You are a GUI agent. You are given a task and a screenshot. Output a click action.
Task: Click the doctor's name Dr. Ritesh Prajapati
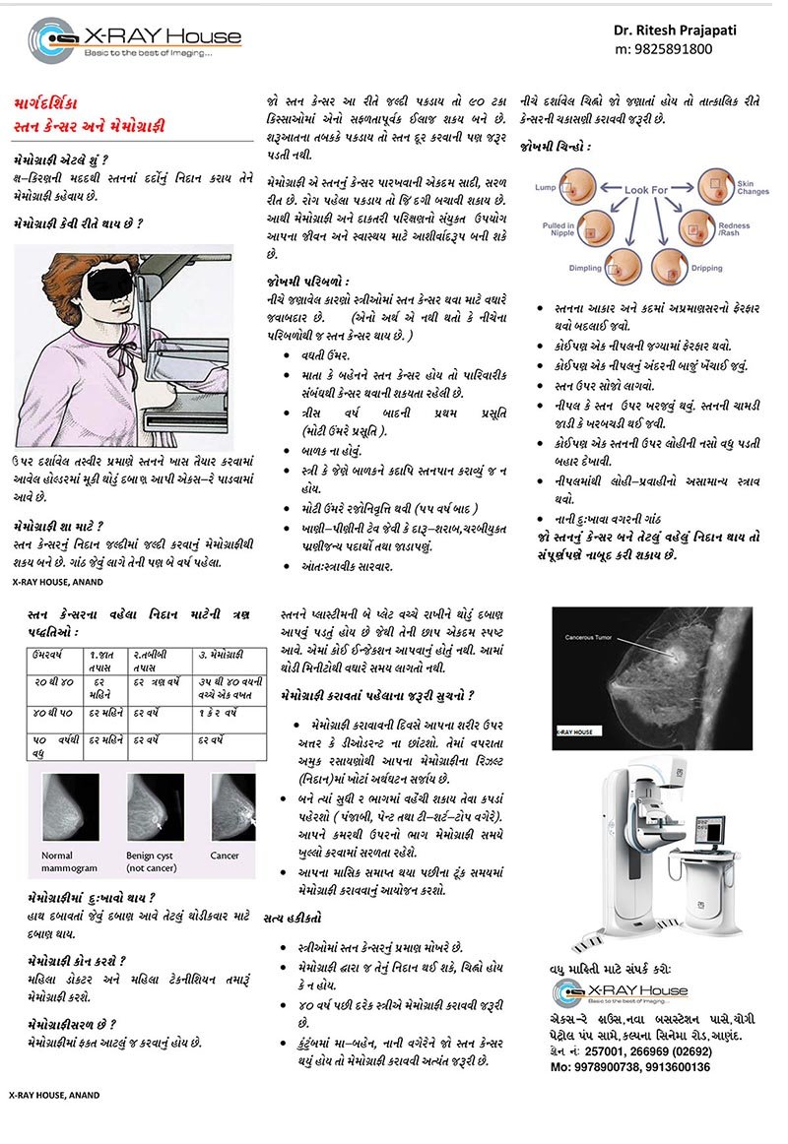point(675,30)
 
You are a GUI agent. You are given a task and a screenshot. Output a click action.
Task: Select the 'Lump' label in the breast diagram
point(545,187)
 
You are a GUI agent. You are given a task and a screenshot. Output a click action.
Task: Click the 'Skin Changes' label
point(753,187)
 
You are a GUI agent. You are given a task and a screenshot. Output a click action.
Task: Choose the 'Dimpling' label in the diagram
point(586,268)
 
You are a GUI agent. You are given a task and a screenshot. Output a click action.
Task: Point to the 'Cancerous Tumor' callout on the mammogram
point(590,638)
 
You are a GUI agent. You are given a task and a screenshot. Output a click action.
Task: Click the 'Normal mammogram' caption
point(70,861)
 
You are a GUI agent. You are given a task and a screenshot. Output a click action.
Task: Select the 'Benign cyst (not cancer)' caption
point(155,861)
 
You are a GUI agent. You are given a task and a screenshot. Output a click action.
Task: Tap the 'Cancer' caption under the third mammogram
point(225,856)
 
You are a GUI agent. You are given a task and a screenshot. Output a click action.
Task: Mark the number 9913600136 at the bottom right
point(670,1066)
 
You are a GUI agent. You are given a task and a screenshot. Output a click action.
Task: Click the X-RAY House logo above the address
point(620,991)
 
